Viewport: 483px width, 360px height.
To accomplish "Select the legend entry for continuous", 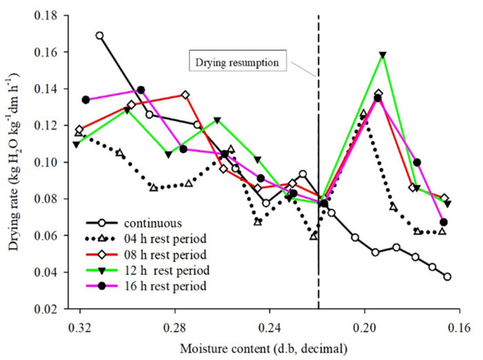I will [x=153, y=223].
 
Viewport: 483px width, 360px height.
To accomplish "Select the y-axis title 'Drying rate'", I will [x=14, y=162].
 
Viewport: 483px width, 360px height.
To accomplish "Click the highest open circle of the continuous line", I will [x=100, y=35].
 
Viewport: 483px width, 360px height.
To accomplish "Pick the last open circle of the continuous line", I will [x=448, y=277].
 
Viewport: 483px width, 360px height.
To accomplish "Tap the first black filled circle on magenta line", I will [x=86, y=99].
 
